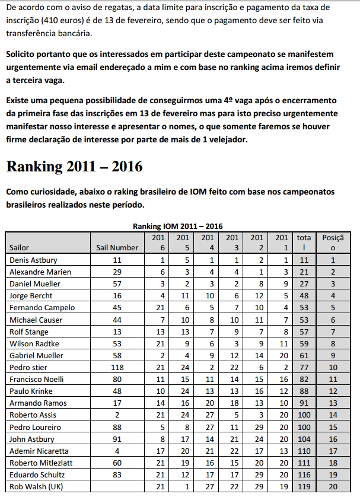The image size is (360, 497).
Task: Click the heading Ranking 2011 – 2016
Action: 74,166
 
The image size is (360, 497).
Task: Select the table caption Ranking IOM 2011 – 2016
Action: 177,226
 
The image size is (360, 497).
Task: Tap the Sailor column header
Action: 19,247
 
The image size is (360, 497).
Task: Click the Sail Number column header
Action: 117,247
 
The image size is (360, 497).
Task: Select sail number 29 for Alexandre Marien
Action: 117,272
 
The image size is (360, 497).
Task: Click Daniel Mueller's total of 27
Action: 304,283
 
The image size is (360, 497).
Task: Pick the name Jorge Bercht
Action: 31,295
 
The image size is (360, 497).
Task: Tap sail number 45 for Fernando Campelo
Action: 117,308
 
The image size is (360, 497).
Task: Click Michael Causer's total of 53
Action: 304,320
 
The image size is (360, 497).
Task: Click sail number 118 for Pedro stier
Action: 117,367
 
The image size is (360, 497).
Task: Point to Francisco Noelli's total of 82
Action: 304,379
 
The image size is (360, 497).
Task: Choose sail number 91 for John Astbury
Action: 117,439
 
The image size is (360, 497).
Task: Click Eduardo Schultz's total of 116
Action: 304,475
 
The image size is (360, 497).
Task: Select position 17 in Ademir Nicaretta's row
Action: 333,451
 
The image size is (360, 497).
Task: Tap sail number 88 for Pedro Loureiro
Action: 117,427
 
